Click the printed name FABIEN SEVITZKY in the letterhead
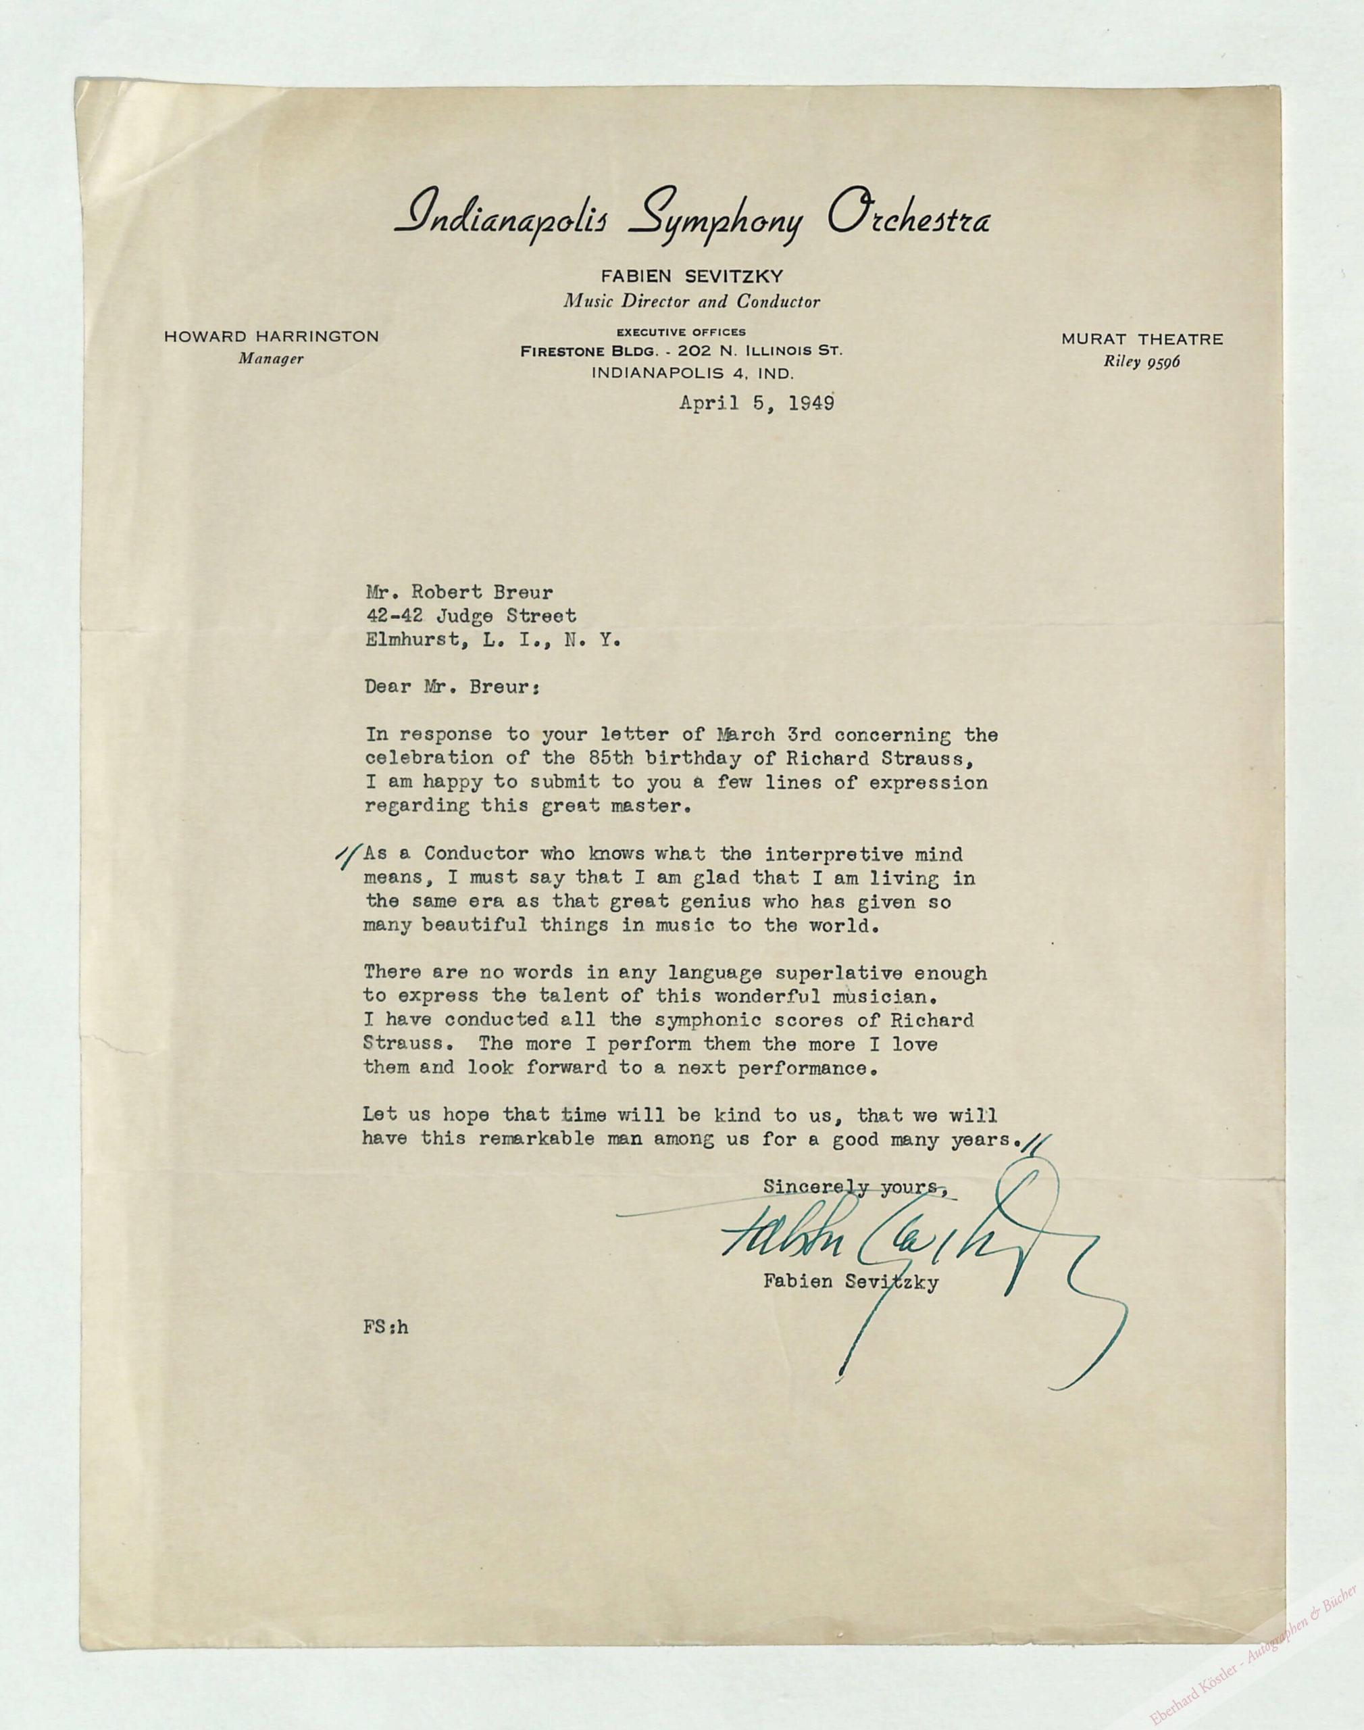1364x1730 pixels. (x=692, y=277)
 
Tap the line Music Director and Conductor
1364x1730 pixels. (x=692, y=302)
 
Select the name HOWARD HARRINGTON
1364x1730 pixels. (x=272, y=337)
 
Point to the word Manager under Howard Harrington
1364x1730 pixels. (x=271, y=359)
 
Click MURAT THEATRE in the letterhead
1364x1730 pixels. (x=1142, y=339)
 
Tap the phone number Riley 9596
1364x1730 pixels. (x=1142, y=361)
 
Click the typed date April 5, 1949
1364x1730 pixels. (x=756, y=403)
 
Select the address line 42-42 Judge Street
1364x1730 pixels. (x=470, y=616)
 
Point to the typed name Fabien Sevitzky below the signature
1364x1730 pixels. (x=851, y=1283)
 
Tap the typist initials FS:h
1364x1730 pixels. (x=386, y=1327)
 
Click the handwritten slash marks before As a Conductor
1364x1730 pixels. (x=347, y=859)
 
